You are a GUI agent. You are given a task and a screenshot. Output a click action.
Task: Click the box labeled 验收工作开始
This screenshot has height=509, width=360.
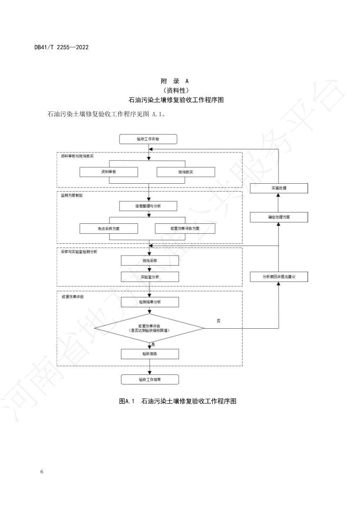click(149, 139)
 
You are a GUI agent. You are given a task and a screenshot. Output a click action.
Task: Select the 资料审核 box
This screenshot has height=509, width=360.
click(109, 172)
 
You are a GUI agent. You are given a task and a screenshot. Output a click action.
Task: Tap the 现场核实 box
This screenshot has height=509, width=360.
click(186, 172)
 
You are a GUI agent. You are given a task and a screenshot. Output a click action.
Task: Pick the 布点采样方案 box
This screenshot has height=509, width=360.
click(109, 228)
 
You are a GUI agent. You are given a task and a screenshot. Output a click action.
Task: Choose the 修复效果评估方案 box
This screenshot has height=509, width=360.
click(185, 228)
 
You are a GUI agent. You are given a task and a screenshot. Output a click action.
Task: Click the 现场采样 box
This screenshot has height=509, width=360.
click(149, 260)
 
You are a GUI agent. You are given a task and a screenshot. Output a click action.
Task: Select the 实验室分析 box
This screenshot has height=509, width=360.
click(149, 276)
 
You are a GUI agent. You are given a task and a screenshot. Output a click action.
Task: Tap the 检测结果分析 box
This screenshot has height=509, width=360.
click(149, 302)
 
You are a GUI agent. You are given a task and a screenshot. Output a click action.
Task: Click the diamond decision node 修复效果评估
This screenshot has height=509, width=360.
click(149, 328)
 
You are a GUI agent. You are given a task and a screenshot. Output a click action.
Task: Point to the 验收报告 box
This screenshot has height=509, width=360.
click(149, 354)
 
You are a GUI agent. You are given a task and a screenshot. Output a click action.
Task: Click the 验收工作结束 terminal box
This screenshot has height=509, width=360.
click(149, 380)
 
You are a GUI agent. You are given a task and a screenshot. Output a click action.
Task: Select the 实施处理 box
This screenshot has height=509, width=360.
click(278, 188)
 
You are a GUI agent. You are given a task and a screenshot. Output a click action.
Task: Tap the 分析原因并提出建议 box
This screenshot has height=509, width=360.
click(279, 276)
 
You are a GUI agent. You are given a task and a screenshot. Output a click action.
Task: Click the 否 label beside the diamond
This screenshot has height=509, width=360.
click(218, 320)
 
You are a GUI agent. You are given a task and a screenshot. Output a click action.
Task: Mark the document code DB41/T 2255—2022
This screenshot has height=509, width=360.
click(61, 47)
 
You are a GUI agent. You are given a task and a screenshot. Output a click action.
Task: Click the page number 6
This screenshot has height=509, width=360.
click(41, 472)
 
